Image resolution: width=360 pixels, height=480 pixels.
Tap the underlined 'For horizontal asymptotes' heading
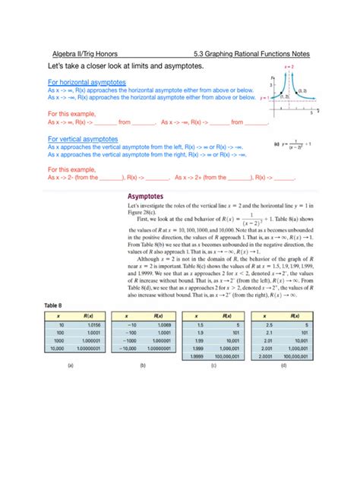[85, 81]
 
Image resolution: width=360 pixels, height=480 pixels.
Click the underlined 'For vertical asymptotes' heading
[83, 140]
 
